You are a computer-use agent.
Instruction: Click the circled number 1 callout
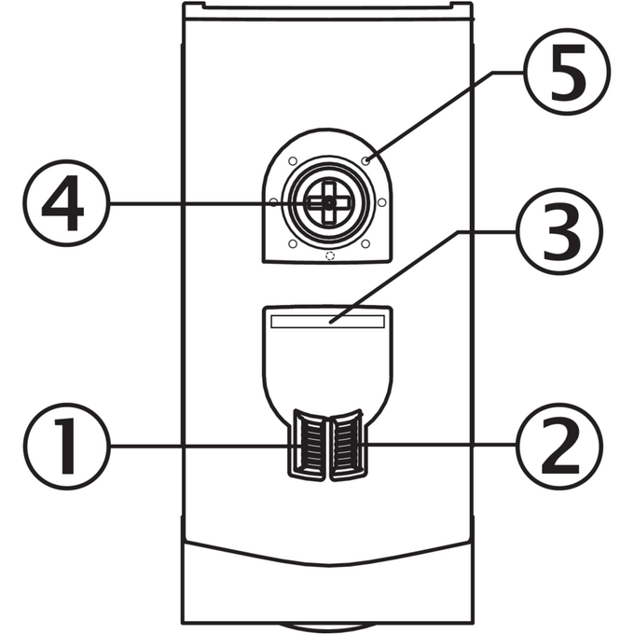[x=67, y=446]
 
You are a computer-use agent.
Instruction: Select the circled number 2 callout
[x=559, y=446]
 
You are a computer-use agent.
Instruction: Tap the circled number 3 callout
[x=559, y=231]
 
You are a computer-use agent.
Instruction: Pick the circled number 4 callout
[x=67, y=203]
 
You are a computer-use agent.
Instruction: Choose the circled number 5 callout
[x=567, y=72]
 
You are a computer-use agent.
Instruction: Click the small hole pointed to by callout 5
[x=365, y=161]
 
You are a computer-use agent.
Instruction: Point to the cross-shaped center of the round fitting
[x=329, y=203]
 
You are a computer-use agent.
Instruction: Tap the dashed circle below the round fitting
[x=330, y=255]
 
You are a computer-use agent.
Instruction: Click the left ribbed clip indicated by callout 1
[x=308, y=445]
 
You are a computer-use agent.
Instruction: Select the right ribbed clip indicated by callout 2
[x=347, y=445]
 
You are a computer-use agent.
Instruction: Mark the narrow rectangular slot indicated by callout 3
[x=327, y=322]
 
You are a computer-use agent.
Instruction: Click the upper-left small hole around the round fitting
[x=293, y=161]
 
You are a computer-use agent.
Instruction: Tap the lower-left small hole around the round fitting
[x=293, y=244]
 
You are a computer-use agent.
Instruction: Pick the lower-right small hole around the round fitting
[x=365, y=244]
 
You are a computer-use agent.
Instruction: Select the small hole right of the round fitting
[x=381, y=202]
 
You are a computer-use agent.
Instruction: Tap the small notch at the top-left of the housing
[x=193, y=5]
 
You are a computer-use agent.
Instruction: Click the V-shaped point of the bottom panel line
[x=328, y=564]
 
